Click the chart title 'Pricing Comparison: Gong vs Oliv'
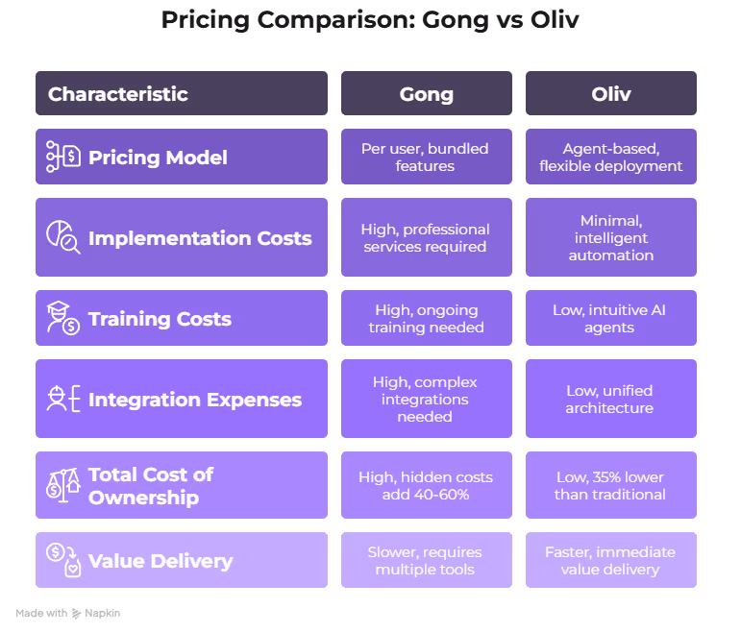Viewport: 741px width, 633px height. (x=370, y=20)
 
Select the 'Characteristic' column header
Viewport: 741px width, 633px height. (x=118, y=94)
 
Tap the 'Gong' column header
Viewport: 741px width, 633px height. (x=426, y=94)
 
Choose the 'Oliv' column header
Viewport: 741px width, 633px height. (x=610, y=94)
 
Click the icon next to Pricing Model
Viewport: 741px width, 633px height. (x=63, y=158)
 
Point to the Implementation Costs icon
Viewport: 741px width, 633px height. (x=63, y=237)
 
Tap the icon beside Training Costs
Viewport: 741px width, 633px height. (x=63, y=318)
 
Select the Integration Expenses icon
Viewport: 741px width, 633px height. (x=63, y=399)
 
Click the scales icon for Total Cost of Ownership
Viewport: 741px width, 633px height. (x=63, y=485)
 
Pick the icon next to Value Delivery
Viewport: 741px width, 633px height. (x=63, y=560)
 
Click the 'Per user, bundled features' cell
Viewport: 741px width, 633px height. (x=426, y=158)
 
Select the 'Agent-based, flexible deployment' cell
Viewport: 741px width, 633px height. (x=610, y=158)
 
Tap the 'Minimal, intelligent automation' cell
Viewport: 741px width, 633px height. (x=610, y=237)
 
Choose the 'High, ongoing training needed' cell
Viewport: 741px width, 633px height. (x=426, y=318)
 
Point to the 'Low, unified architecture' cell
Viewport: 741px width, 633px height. (x=610, y=399)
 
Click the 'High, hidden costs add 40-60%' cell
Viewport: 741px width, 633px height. (x=426, y=485)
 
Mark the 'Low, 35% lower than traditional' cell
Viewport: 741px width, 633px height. (x=610, y=485)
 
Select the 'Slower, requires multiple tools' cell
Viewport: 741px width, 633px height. (x=426, y=560)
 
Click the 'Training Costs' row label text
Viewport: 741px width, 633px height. (x=160, y=319)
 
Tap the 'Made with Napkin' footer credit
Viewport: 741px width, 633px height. (x=68, y=613)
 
